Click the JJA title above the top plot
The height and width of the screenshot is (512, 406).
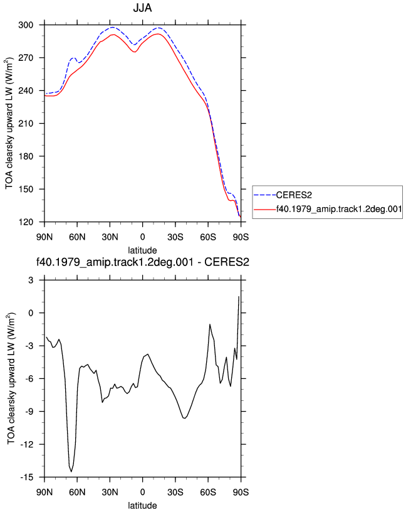tap(142, 8)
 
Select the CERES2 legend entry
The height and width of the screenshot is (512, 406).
tap(283, 195)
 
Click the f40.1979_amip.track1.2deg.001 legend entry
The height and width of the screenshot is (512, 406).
tap(328, 209)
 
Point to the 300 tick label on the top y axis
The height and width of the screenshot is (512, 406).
tap(26, 25)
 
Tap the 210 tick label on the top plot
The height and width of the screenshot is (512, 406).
tap(26, 124)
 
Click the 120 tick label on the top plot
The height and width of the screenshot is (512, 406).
tap(26, 222)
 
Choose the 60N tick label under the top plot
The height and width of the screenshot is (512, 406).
tap(77, 237)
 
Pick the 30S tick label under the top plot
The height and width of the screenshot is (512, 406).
tap(175, 237)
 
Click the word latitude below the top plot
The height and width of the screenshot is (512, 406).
tap(142, 250)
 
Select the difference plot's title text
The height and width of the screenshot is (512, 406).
tap(142, 262)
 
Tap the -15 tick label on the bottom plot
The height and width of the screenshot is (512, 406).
tap(27, 477)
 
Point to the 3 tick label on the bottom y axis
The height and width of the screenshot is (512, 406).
tap(31, 280)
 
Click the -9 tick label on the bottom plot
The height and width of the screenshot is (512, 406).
tap(29, 412)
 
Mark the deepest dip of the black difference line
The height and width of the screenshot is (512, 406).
tap(71, 471)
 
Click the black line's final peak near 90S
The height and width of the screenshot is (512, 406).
tap(239, 297)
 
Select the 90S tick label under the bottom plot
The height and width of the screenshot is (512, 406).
tap(241, 492)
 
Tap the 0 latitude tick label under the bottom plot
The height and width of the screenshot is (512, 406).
tap(142, 492)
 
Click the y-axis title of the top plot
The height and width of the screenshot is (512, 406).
tap(9, 124)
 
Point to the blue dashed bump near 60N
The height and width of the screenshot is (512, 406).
tap(74, 58)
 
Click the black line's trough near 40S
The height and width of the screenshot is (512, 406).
tap(185, 418)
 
